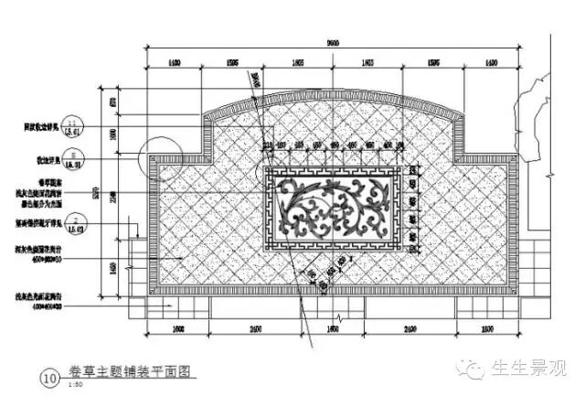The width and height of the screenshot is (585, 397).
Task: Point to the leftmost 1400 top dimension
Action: (172, 63)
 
